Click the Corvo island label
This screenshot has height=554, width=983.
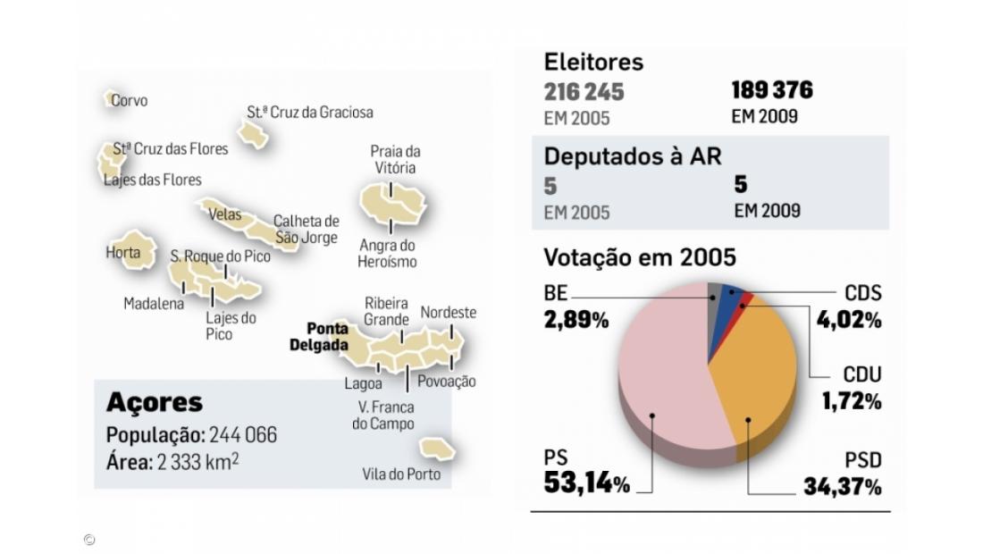click(130, 101)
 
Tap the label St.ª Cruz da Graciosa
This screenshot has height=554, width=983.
click(310, 113)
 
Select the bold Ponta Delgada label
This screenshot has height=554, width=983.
click(319, 338)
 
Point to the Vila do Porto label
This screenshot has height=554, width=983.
click(401, 474)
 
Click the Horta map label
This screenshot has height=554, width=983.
click(123, 253)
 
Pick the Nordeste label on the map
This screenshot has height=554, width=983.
click(449, 313)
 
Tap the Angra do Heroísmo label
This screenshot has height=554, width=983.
click(388, 254)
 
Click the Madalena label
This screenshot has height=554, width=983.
click(154, 304)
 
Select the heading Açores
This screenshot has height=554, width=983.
click(155, 403)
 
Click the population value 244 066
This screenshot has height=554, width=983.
click(243, 435)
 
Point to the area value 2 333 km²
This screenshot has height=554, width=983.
click(198, 462)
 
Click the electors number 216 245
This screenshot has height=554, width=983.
click(584, 92)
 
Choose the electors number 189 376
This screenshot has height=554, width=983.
click(772, 90)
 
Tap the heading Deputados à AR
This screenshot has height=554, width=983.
click(633, 155)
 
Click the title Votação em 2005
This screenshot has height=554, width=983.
click(640, 257)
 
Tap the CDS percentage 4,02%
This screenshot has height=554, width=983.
click(849, 319)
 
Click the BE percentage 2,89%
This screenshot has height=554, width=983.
click(576, 319)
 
